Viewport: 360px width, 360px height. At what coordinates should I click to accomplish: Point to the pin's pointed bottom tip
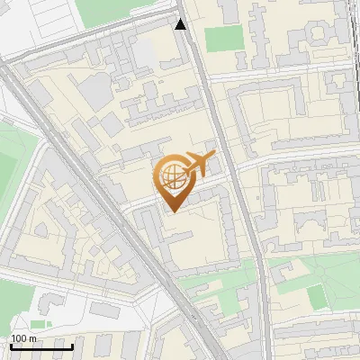coord(171,211)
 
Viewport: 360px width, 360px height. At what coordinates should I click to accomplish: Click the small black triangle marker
coord(180,24)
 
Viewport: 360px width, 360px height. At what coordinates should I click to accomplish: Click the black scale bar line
coord(40,346)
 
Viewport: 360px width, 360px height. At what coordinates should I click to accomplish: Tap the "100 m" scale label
coord(23,338)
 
